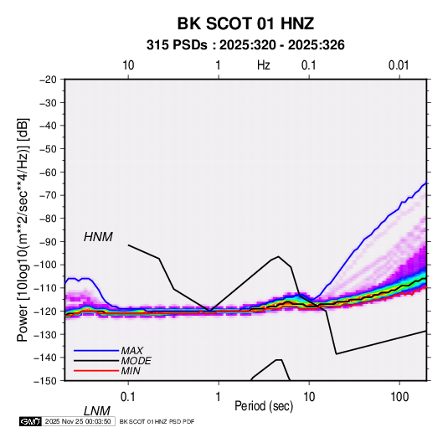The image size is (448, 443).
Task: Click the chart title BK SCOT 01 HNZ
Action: pos(245,23)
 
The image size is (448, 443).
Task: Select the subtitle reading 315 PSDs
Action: pos(177,45)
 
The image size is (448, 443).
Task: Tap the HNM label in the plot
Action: pos(98,237)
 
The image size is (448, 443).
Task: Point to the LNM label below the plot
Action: pos(97,411)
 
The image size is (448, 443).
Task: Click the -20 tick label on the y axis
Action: pos(48,80)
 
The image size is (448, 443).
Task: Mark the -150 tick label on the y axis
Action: pos(45,381)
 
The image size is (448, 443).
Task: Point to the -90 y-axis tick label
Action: pos(48,241)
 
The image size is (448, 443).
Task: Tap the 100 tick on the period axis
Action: pos(399,397)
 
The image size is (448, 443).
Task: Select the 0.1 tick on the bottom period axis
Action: pos(128,397)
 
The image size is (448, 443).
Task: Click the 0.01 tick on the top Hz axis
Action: pos(399,65)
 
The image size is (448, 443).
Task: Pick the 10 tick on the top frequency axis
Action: pos(128,65)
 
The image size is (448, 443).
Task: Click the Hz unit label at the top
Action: pos(264,65)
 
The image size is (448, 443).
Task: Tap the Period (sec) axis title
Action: pos(264,406)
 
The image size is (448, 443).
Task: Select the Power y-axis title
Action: pos(23,230)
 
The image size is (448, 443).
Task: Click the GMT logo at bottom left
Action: pos(30,421)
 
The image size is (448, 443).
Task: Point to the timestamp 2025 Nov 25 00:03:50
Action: pos(78,421)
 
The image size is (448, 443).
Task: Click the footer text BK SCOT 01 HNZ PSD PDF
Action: pos(157,421)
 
